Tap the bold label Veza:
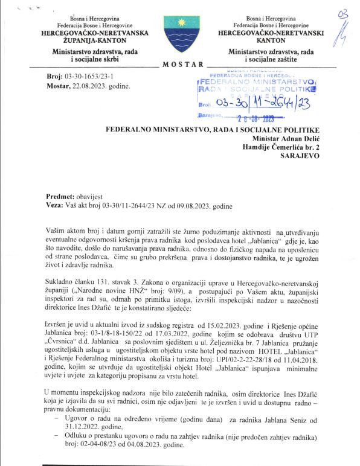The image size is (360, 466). [56, 205]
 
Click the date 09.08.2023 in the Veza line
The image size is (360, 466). [196, 205]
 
